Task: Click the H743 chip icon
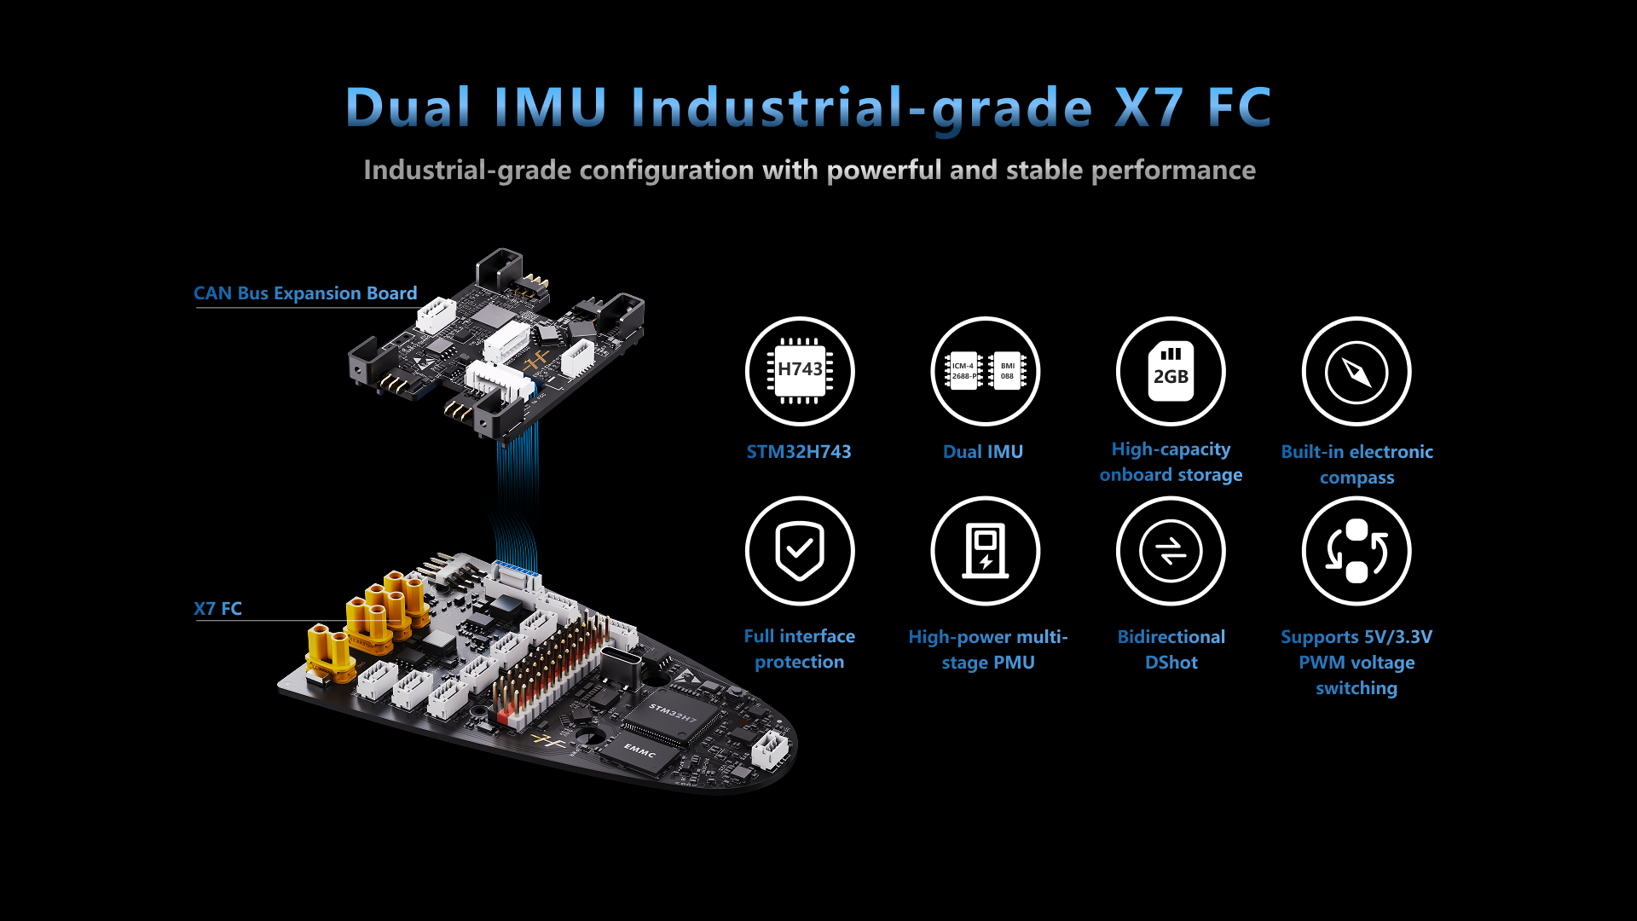click(800, 371)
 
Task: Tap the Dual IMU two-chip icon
click(985, 371)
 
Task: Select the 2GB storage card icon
click(1171, 371)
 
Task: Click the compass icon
click(1356, 371)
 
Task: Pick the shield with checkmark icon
click(800, 551)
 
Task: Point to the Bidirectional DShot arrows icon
click(1171, 551)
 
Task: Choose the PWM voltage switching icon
click(1356, 551)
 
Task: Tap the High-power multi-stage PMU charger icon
click(985, 551)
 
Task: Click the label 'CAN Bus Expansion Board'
click(305, 293)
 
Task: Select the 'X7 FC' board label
click(217, 609)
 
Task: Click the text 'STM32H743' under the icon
click(799, 452)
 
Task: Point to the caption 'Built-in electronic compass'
click(1356, 465)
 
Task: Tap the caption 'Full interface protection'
click(800, 649)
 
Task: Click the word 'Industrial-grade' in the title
click(861, 109)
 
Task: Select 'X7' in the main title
click(1148, 108)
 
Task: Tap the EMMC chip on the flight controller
click(641, 750)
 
